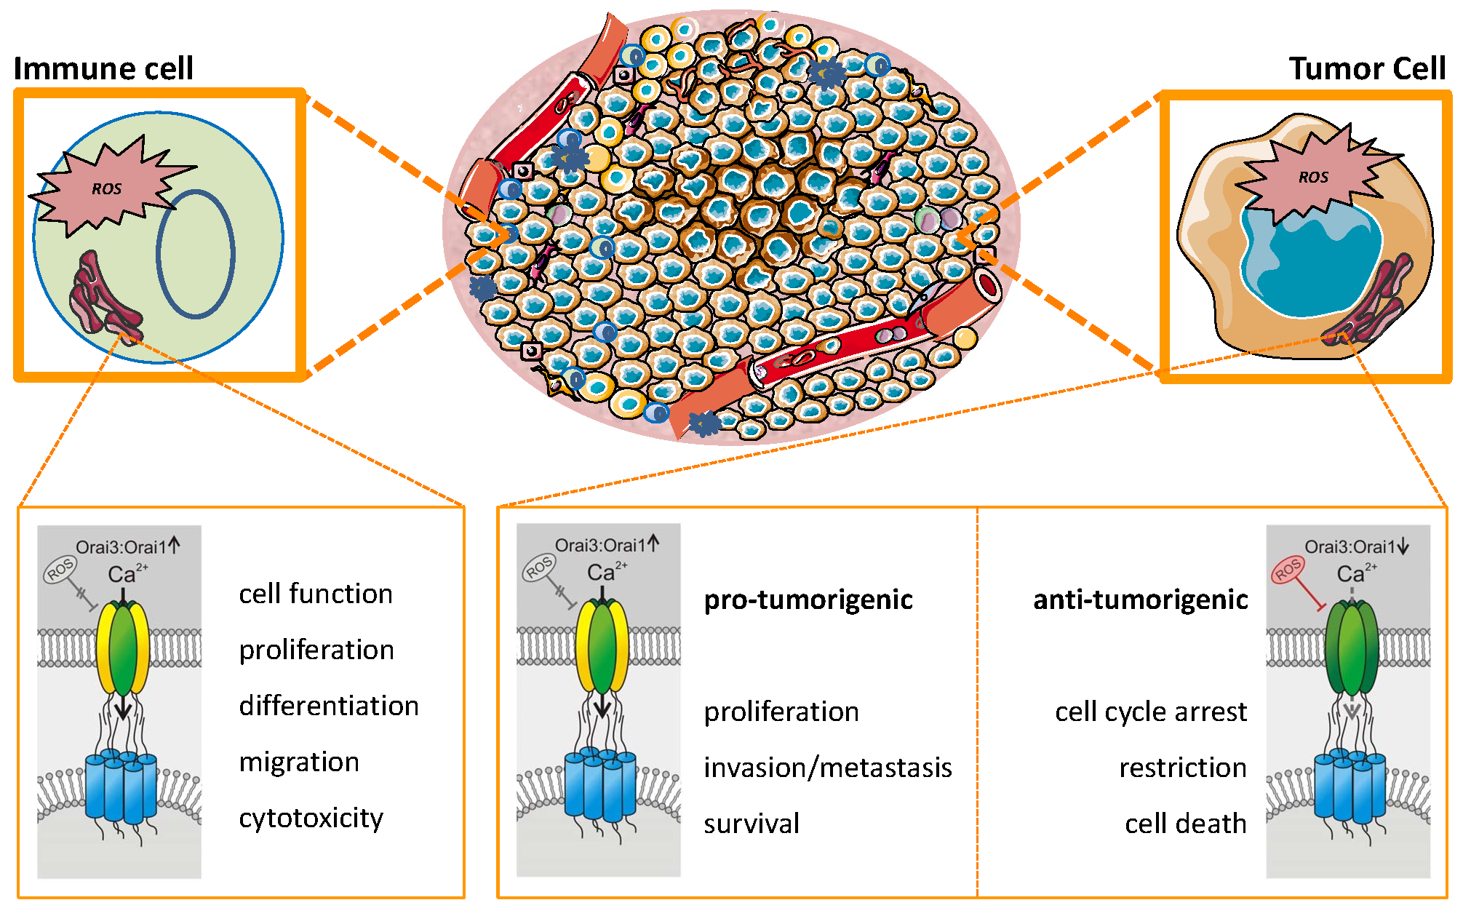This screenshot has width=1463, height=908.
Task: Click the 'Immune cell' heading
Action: pos(103,68)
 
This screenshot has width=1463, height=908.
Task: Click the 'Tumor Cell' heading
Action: pos(1366,68)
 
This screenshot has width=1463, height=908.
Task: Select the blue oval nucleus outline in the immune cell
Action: pos(196,254)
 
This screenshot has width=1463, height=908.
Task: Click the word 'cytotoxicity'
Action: pos(311,818)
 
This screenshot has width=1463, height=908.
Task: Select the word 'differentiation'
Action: pos(329,706)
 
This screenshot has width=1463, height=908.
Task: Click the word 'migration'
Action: pos(299,762)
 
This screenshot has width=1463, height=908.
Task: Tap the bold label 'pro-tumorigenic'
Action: pos(808,600)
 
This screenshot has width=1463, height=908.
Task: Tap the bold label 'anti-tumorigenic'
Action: pos(1140,600)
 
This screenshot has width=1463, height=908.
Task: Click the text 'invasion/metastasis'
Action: pos(827,768)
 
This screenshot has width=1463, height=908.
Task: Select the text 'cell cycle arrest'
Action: pos(1150,712)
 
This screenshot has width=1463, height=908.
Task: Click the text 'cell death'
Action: pos(1185,824)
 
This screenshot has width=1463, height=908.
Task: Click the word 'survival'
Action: pos(752,824)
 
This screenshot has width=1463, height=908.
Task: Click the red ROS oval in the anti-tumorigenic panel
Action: pos(1287,570)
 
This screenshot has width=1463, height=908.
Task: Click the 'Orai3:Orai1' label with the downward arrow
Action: pos(1355,547)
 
